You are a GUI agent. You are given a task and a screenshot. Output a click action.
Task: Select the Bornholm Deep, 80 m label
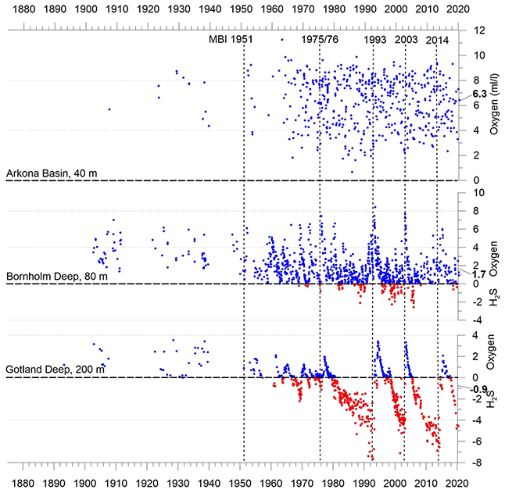tap(55, 276)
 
